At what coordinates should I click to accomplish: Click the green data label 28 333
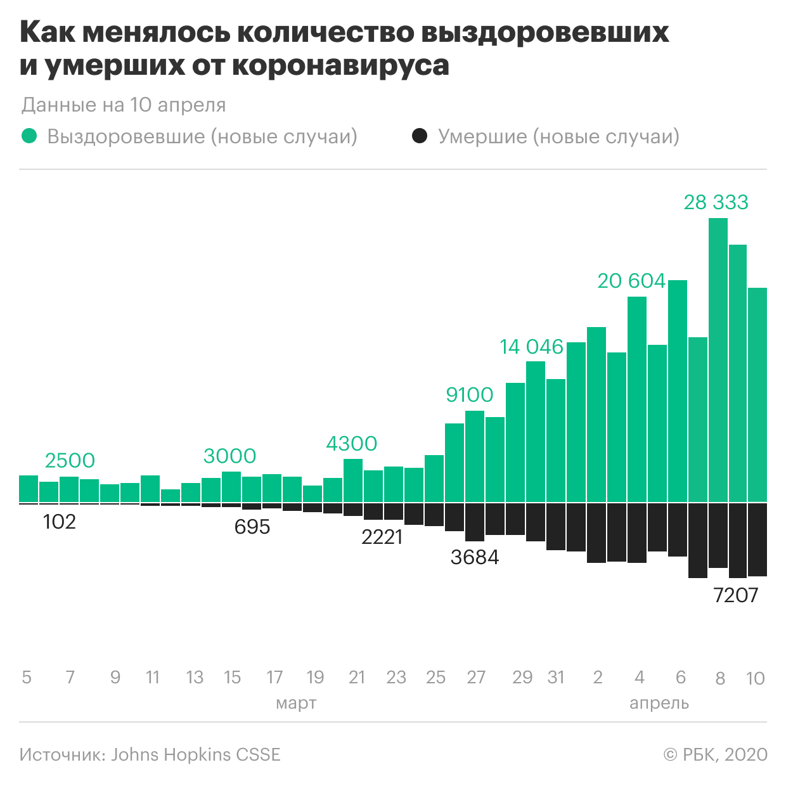pyautogui.click(x=716, y=202)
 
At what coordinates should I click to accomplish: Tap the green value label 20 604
pyautogui.click(x=631, y=281)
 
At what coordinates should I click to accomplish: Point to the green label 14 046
pyautogui.click(x=531, y=347)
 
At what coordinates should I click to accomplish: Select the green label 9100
pyautogui.click(x=469, y=395)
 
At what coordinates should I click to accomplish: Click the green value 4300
pyautogui.click(x=351, y=444)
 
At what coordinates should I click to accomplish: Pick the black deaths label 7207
pyautogui.click(x=735, y=595)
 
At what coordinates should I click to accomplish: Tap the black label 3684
pyautogui.click(x=475, y=558)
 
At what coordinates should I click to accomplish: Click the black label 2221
pyautogui.click(x=382, y=538)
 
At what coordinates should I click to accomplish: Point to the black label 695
pyautogui.click(x=252, y=527)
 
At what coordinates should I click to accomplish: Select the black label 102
pyautogui.click(x=60, y=522)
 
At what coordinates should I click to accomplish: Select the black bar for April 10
pyautogui.click(x=757, y=539)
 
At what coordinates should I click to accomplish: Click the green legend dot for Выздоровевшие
pyautogui.click(x=29, y=136)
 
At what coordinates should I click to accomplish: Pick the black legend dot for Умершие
pyautogui.click(x=420, y=136)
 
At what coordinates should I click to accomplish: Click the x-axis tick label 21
pyautogui.click(x=357, y=678)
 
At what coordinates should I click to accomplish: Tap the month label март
pyautogui.click(x=296, y=703)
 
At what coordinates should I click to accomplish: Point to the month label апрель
pyautogui.click(x=659, y=703)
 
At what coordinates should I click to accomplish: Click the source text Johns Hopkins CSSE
pyautogui.click(x=196, y=754)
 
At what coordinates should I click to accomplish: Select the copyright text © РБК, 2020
pyautogui.click(x=715, y=754)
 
